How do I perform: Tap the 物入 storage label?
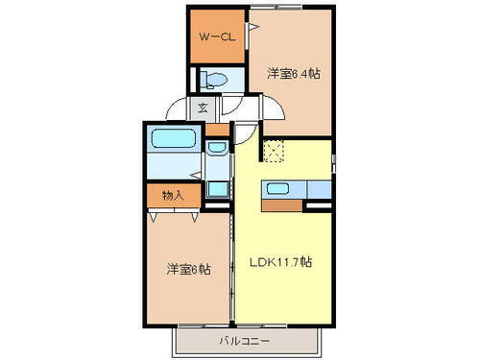coord(173,195)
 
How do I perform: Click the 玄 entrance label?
coord(204,108)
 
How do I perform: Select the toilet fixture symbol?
coord(212,81)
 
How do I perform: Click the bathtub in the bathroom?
coord(175,139)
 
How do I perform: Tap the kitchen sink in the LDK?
coord(279,188)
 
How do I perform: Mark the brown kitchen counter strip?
coord(282,204)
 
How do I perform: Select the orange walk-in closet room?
coord(215,36)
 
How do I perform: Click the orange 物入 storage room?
coord(173,194)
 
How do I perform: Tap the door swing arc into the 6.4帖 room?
coord(246,104)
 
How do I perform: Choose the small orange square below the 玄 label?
coord(218,129)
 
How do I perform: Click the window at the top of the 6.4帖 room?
coord(278,9)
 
